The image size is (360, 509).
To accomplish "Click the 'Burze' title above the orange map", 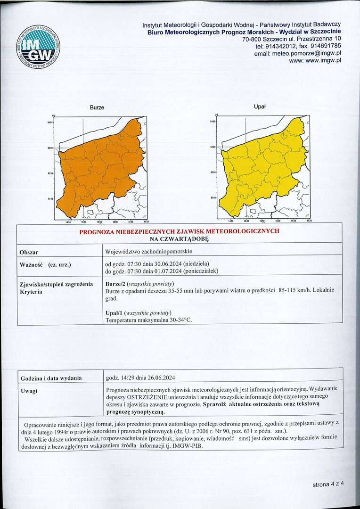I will click(x=97, y=108).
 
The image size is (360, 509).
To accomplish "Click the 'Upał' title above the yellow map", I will click(x=260, y=107).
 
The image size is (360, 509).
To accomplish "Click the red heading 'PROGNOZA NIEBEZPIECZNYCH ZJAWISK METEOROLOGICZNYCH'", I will click(x=179, y=231).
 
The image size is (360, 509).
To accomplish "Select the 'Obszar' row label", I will click(x=29, y=253).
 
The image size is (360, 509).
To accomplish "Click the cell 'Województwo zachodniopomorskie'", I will click(x=149, y=252).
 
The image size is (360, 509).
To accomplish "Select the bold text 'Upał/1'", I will click(x=115, y=312).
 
